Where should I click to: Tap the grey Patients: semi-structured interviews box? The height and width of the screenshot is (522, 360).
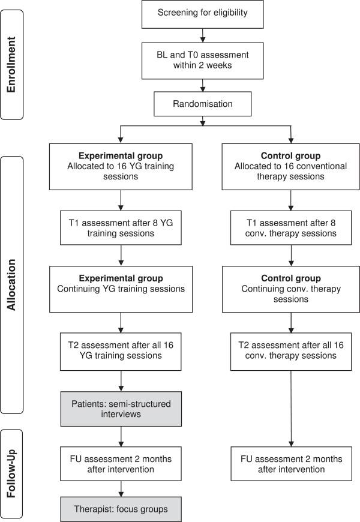[x=122, y=409]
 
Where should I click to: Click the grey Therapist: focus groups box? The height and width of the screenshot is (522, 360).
[x=122, y=509]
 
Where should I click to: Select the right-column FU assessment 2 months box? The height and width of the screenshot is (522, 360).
[x=291, y=463]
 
